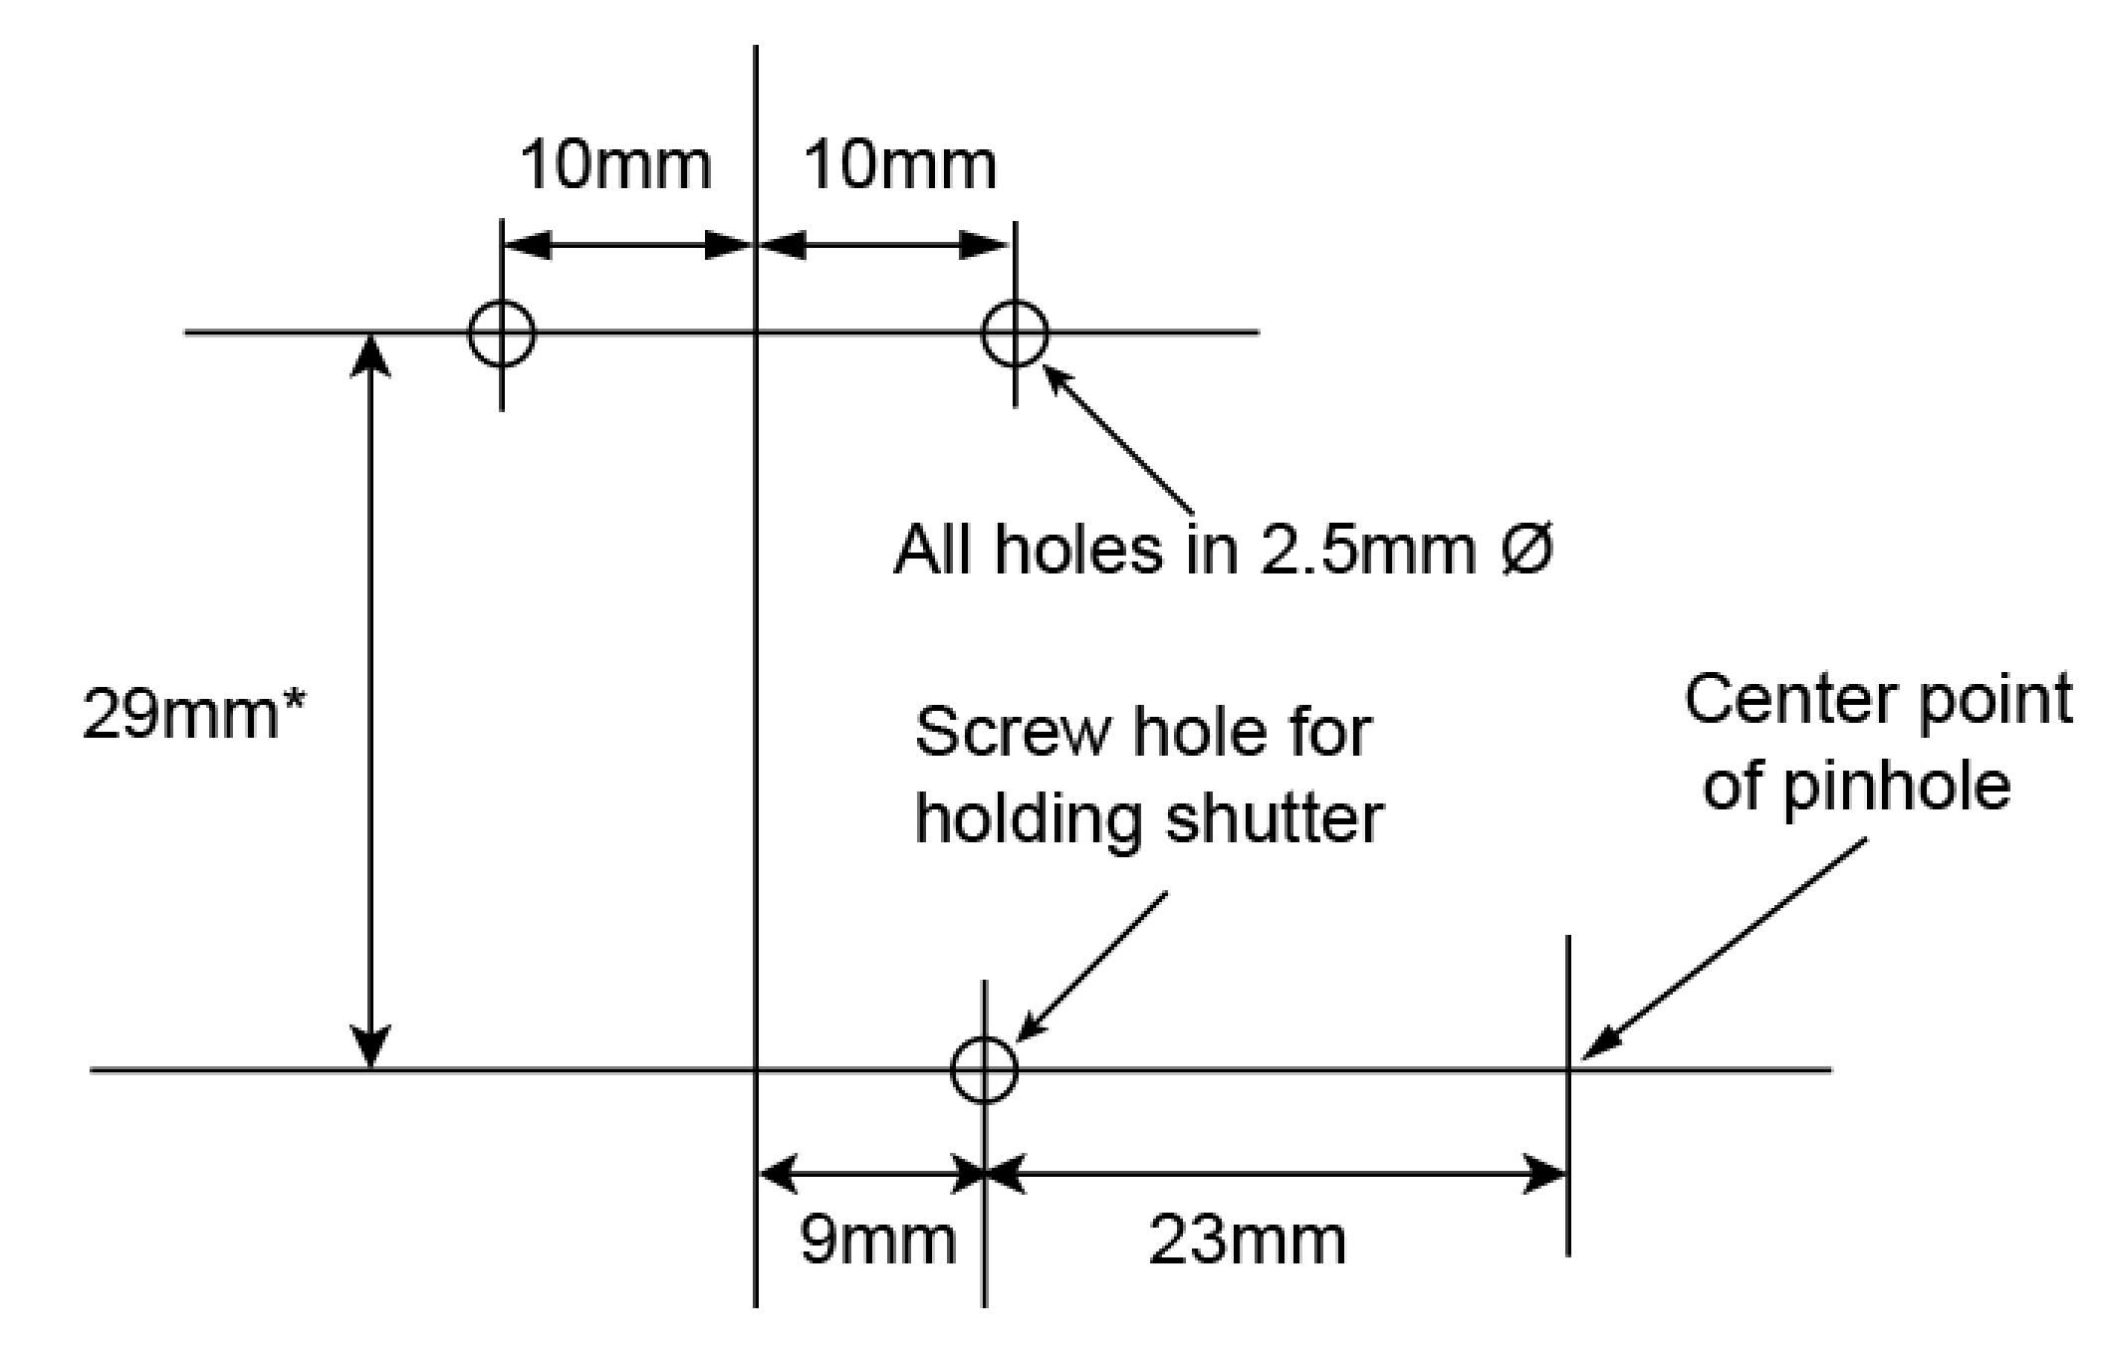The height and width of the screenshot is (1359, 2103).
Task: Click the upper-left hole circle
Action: (x=502, y=333)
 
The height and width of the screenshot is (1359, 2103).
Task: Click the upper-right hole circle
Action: (x=1015, y=333)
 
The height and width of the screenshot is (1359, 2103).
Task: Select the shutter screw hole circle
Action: (x=984, y=1070)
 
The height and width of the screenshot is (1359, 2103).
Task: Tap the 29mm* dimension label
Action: (x=195, y=713)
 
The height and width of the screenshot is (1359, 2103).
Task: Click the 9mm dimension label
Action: (x=877, y=1241)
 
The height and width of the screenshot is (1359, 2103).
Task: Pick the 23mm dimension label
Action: (x=1247, y=1241)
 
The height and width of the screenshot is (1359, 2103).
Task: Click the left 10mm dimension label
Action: (x=615, y=165)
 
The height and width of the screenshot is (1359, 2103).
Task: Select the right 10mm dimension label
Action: (x=899, y=165)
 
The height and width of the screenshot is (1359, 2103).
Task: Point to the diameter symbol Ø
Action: (x=1523, y=549)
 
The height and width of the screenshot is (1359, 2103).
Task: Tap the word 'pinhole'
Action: (x=1896, y=786)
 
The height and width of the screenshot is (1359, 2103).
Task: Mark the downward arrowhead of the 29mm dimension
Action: (x=371, y=1047)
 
